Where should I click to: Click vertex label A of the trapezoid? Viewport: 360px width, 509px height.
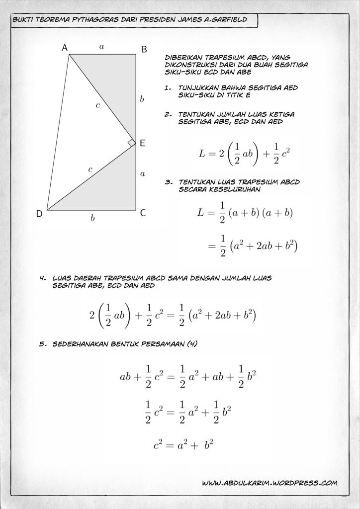click(65, 48)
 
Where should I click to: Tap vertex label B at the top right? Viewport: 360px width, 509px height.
click(144, 49)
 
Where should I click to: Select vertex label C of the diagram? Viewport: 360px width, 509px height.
click(143, 213)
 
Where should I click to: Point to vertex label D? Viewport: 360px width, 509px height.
click(39, 214)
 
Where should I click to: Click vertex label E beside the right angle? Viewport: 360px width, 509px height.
click(142, 143)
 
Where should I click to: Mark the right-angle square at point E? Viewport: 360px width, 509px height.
click(131, 143)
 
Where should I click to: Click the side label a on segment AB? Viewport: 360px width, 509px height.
click(101, 47)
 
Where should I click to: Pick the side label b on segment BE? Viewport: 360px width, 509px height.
click(142, 99)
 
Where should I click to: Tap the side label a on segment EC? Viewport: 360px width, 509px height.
click(142, 173)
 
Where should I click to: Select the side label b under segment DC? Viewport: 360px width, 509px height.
click(92, 219)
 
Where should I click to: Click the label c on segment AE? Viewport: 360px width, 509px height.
click(98, 105)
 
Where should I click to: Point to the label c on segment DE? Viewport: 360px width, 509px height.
click(90, 170)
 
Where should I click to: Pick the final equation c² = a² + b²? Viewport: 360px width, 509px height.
click(183, 444)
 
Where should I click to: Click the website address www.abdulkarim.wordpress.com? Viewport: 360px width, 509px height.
click(270, 483)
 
